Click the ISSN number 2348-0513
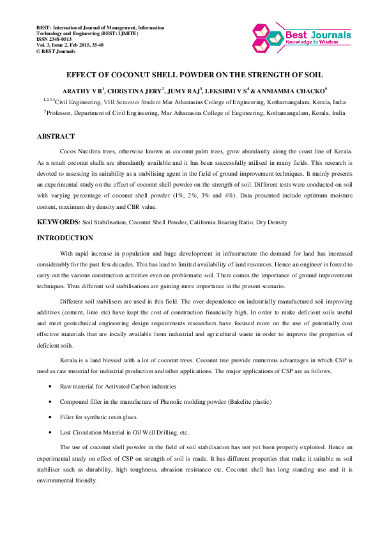(x=62, y=40)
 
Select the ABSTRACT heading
(x=56, y=137)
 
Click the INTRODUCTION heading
(x=65, y=238)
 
